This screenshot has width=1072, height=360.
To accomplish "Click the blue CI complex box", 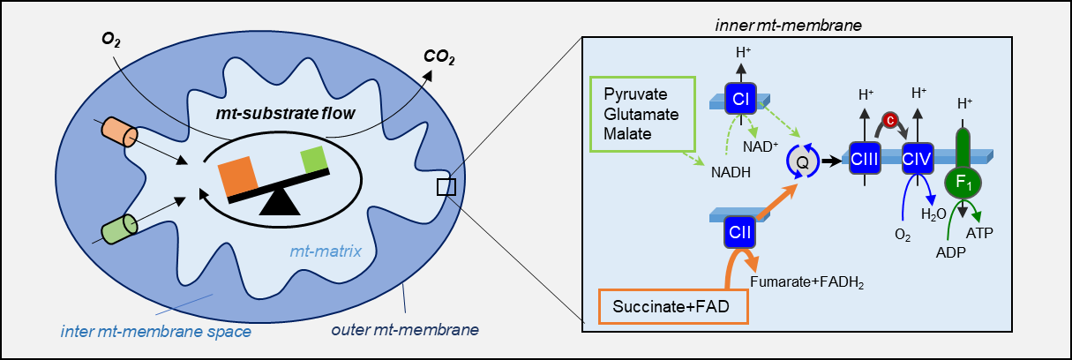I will click(x=740, y=100).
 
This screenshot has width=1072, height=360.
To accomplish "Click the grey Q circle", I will click(x=802, y=161).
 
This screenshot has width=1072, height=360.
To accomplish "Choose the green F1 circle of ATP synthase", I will click(x=960, y=184).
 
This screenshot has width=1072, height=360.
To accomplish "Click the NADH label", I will click(x=729, y=174).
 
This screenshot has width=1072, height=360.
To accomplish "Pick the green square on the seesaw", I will click(x=314, y=161).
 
